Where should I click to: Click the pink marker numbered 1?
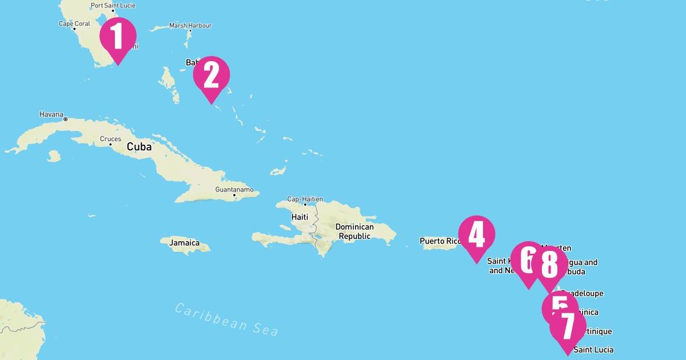coord(118,36)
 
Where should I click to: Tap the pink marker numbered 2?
coord(212,75)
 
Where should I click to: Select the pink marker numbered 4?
coord(477,234)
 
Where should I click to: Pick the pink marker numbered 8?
coord(549,265)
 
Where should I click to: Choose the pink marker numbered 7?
coord(568,327)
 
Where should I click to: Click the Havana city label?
coord(51,114)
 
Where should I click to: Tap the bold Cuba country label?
coord(139,147)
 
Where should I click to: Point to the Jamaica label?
coord(184,243)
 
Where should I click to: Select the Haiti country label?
coord(300,217)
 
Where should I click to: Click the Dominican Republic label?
coord(354,231)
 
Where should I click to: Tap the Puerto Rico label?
coord(440,241)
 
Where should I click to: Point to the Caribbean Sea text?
coord(226,319)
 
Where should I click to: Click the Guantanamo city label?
coord(234,189)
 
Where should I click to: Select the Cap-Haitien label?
coord(305,199)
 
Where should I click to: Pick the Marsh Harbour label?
coord(190,26)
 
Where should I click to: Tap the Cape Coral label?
coord(74,24)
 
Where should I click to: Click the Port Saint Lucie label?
coord(114,6)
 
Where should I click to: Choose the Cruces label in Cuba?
coord(110,139)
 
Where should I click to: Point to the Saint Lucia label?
coord(593,350)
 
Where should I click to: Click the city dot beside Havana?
coord(65,119)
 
